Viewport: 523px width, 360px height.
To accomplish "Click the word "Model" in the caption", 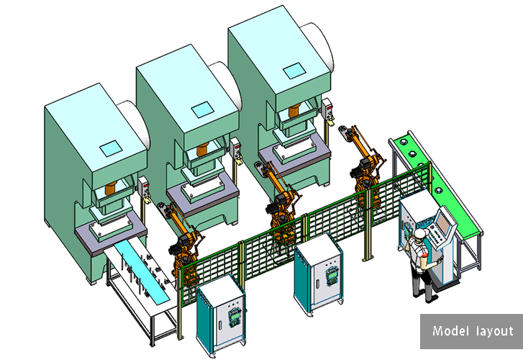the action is [x=446, y=330].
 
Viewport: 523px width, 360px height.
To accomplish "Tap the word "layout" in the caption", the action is [x=495, y=331].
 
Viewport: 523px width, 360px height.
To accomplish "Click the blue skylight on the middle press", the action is [x=202, y=109].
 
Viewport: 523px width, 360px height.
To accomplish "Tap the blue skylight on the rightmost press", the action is [x=294, y=71].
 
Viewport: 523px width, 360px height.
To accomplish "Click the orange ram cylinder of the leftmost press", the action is [x=110, y=189].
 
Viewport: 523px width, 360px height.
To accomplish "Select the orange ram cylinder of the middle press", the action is [x=202, y=149].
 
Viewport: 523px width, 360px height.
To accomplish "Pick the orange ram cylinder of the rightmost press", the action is [x=294, y=111].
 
